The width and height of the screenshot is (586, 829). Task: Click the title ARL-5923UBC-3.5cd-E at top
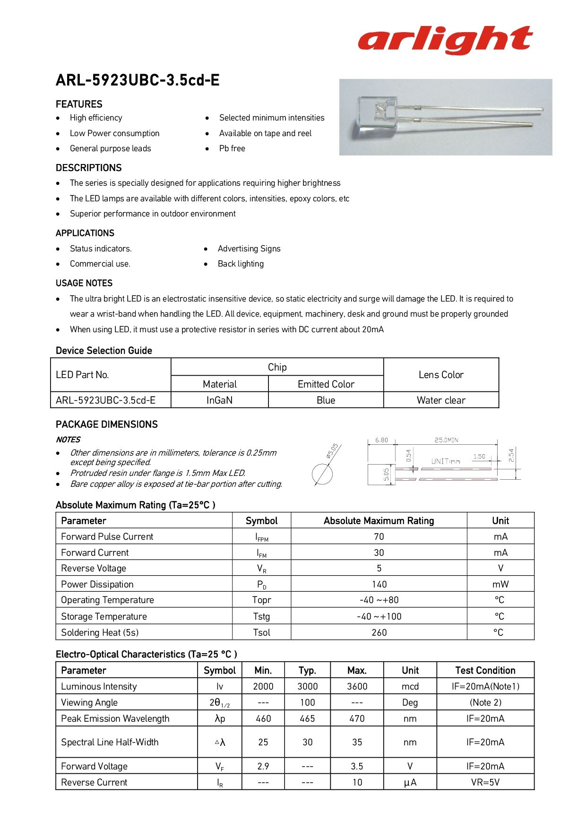[138, 80]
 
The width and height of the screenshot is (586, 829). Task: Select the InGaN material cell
[219, 400]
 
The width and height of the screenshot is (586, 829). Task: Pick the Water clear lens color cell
[441, 400]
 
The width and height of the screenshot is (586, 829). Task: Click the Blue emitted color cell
[326, 400]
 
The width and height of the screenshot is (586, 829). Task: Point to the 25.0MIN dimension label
[446, 440]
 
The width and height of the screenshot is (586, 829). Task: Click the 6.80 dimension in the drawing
[381, 440]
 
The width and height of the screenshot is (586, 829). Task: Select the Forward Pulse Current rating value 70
[379, 536]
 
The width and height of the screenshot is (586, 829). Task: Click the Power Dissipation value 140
[379, 584]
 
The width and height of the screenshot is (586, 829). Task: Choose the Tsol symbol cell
[261, 632]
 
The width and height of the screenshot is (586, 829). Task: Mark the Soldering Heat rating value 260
[379, 632]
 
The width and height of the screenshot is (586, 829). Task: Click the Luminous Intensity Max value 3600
[357, 686]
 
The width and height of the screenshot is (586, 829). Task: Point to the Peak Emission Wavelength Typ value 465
[307, 718]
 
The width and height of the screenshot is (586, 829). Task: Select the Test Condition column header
[485, 670]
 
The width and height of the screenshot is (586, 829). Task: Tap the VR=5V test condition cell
[485, 782]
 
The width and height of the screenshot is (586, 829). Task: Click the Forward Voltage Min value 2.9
[263, 766]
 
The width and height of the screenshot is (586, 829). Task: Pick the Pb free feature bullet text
[232, 148]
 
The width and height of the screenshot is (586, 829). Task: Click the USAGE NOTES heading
[84, 283]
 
